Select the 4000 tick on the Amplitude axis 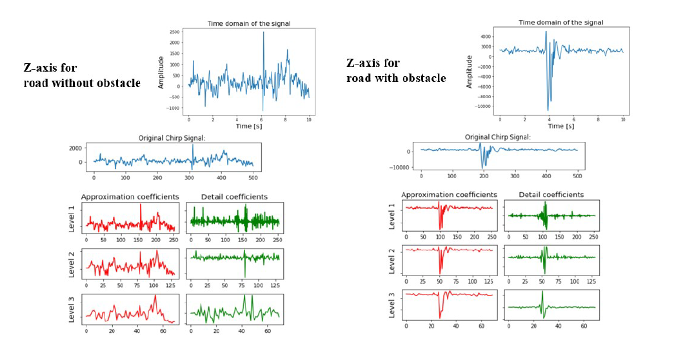coord(485,35)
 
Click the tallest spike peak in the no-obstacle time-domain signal coord(263,32)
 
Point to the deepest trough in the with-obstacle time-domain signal coord(548,110)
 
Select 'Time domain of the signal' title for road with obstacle coord(561,23)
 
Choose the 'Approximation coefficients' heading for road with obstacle coord(449,194)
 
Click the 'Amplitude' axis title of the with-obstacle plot coord(470,72)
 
